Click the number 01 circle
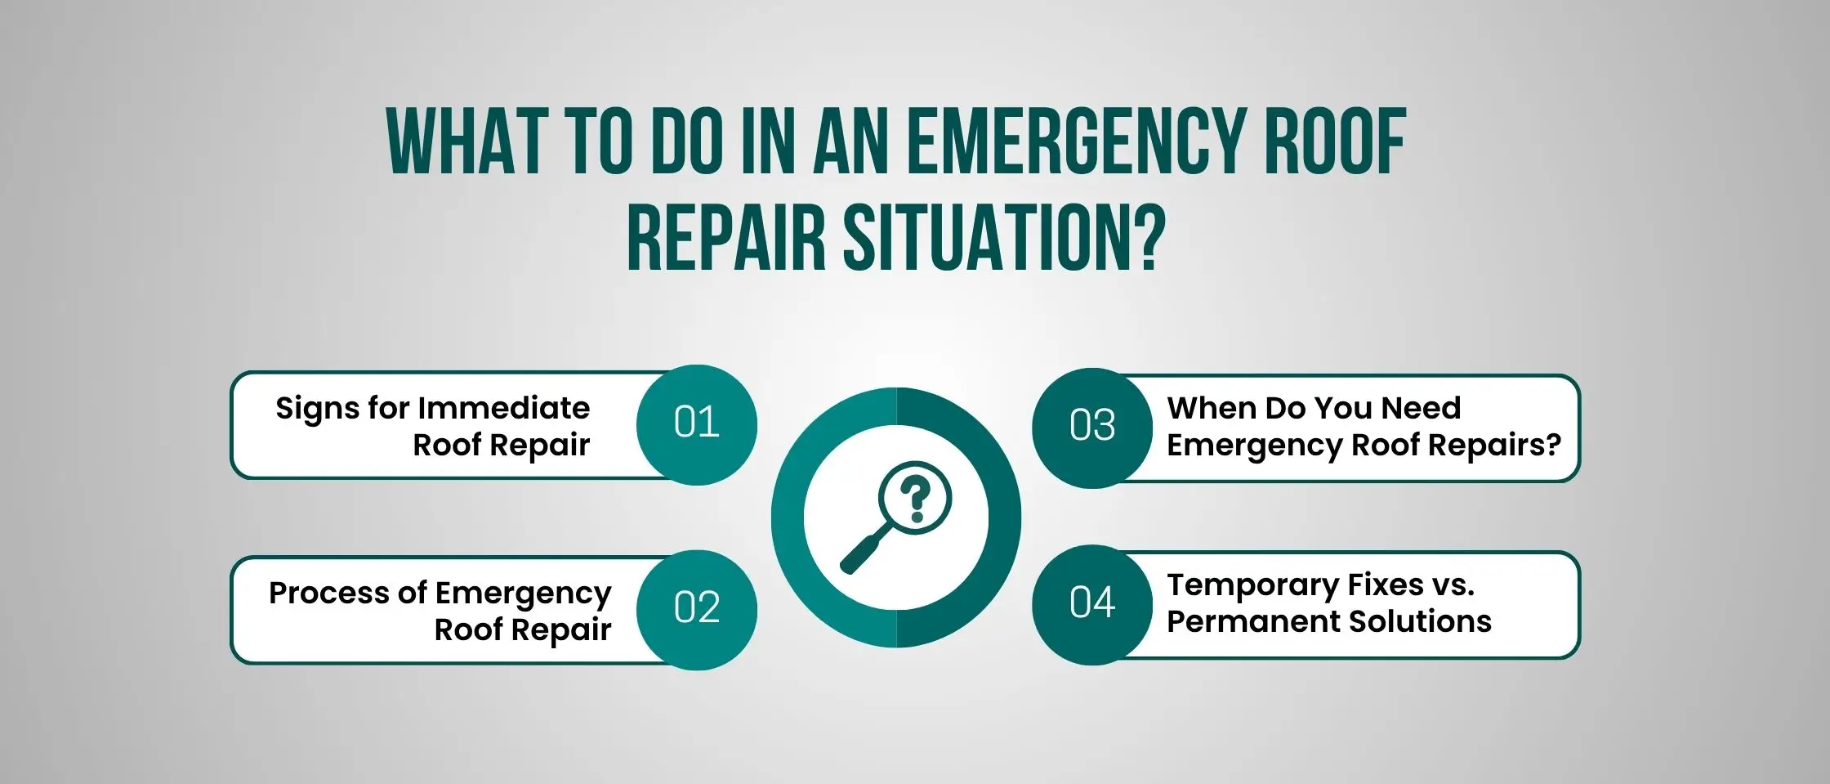pos(697,425)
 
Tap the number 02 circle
pos(697,610)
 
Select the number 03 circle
pos(1092,428)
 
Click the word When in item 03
pos(1212,407)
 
